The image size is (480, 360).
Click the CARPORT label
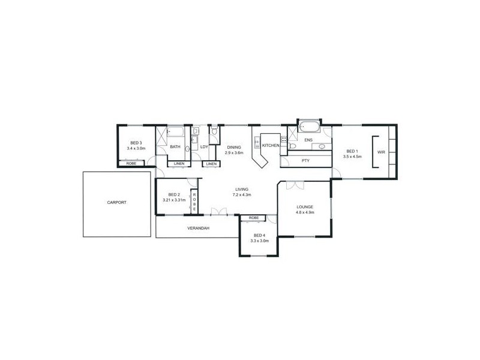117,203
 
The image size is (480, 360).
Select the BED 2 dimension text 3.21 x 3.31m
174,200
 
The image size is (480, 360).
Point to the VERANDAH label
198,228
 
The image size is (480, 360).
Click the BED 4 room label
259,235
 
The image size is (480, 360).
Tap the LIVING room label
242,189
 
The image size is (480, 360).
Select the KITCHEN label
271,146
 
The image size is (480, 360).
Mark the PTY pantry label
305,160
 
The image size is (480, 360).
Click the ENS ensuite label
308,140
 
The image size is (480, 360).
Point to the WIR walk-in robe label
380,152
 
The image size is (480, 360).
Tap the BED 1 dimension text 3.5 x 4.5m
352,157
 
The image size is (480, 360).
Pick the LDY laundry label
204,146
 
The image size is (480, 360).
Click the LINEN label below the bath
179,164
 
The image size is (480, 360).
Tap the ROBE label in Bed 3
131,163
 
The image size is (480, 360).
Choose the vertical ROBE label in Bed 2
194,200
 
